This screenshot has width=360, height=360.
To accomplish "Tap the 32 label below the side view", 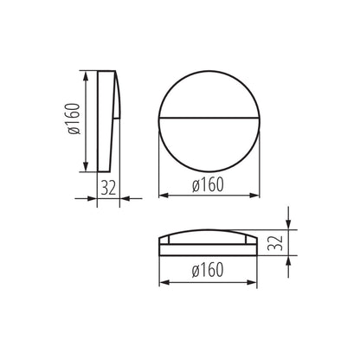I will tap(108, 186).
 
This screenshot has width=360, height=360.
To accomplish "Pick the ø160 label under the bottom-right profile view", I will tap(209, 270).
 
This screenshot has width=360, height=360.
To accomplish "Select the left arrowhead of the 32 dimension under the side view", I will tap(98, 197).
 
